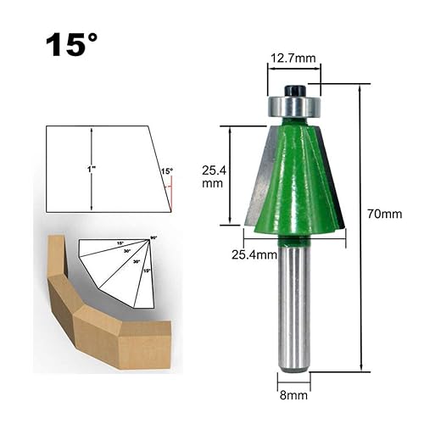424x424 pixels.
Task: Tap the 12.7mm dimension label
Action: [293, 59]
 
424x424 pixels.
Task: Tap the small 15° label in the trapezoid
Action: [166, 171]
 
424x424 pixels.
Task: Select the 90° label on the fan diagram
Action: [154, 238]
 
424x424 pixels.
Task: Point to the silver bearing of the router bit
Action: [293, 107]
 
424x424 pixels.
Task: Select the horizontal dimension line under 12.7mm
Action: [293, 71]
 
